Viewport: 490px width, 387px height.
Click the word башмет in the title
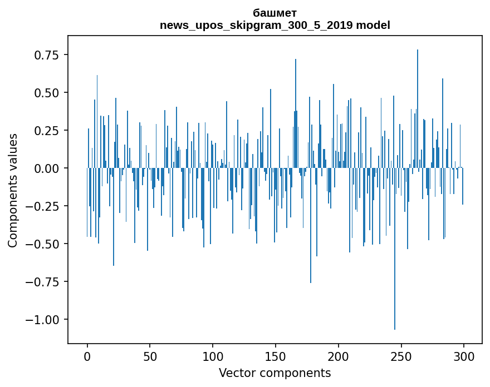click(275, 13)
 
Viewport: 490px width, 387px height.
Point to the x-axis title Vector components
click(275, 373)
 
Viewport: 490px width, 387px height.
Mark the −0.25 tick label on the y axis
click(43, 206)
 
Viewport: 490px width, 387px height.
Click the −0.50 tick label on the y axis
click(43, 244)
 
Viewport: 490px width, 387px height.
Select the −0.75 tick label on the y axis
click(43, 281)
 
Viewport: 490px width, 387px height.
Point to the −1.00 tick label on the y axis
click(43, 319)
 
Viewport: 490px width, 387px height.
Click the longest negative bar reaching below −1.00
click(395, 250)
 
